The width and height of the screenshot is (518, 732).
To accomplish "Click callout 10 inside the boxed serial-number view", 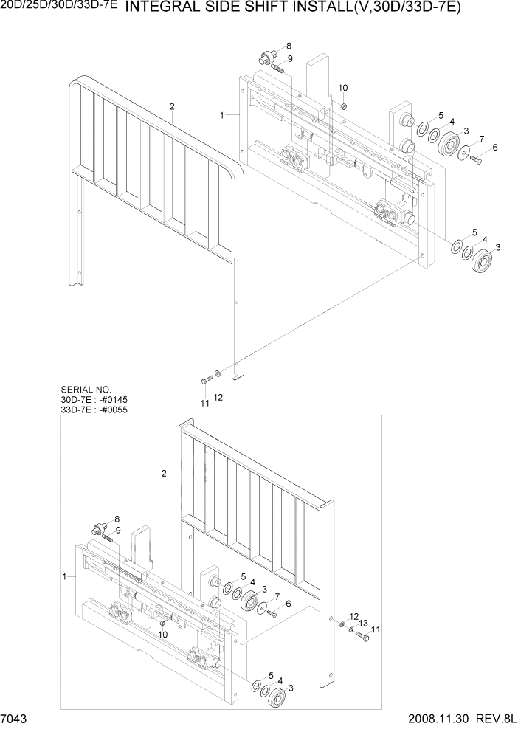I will pos(163,634).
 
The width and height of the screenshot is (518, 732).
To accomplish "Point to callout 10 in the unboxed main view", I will pos(342,88).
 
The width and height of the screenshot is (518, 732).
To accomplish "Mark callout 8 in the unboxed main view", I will pos(289,46).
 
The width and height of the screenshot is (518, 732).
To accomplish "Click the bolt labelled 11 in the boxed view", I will pos(362,635).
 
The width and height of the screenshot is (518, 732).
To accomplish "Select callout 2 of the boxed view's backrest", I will pos(163,472).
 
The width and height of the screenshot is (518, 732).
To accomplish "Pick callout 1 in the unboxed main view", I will pos(222,115).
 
